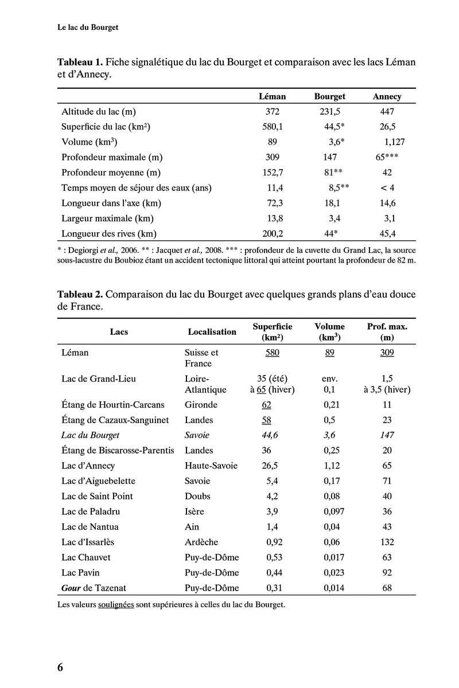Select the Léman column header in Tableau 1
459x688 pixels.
tap(273, 96)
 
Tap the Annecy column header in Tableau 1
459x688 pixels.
tap(387, 96)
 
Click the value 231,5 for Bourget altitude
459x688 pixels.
tap(329, 111)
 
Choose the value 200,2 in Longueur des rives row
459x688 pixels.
tap(273, 233)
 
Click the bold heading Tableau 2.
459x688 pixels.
tap(80, 295)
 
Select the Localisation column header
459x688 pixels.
tap(212, 331)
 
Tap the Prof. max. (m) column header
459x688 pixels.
tap(387, 332)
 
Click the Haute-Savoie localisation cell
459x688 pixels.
tap(211, 466)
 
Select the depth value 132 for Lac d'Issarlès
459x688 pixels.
tap(387, 542)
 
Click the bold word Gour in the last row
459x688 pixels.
tap(71, 588)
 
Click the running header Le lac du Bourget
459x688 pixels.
tap(88, 27)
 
